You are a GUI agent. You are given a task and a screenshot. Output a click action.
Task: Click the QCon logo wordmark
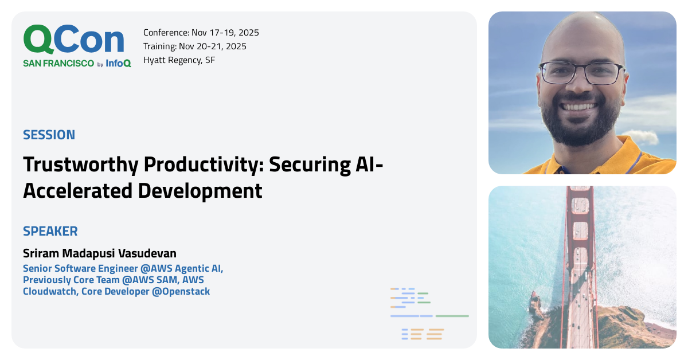[x=73, y=40]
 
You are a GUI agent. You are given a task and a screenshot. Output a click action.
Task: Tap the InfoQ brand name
[x=118, y=64]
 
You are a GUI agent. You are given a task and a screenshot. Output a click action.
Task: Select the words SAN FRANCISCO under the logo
[x=58, y=64]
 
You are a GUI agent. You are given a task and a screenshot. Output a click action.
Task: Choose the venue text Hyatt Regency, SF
[x=179, y=60]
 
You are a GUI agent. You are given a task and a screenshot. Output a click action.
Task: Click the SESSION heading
[x=49, y=135]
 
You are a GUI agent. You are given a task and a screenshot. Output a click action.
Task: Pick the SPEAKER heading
[x=50, y=232]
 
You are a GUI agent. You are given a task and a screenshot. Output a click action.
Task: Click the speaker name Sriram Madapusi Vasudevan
[x=100, y=253]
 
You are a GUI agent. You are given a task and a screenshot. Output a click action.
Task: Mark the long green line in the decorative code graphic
[x=452, y=316]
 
